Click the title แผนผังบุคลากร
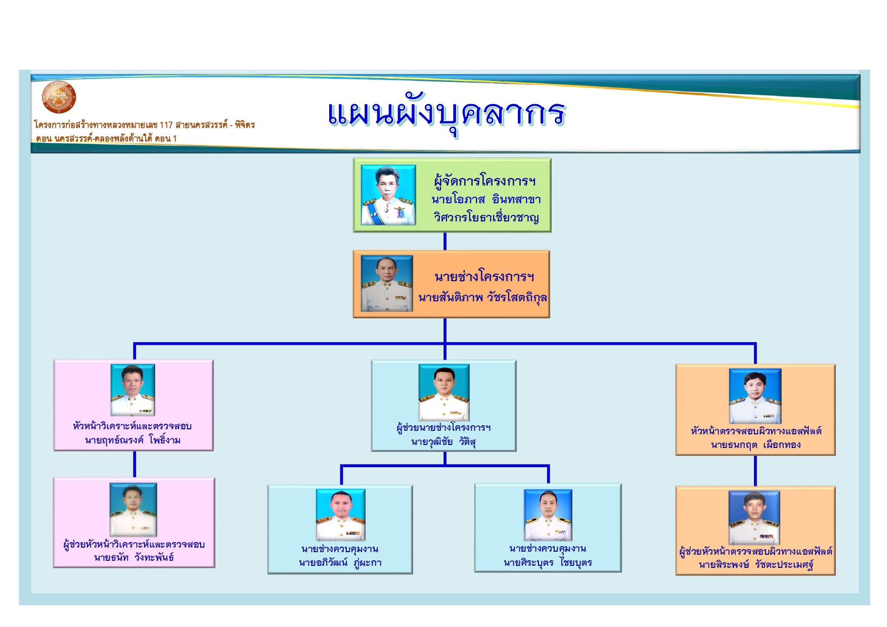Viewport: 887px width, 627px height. (x=446, y=113)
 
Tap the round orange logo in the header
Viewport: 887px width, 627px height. (x=59, y=97)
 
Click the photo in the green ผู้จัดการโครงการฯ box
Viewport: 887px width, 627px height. (x=388, y=195)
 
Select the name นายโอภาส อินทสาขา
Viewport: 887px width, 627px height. (x=486, y=200)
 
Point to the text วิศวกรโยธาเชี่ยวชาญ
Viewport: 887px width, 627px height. (x=486, y=217)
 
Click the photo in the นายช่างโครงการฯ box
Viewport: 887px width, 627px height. (x=387, y=283)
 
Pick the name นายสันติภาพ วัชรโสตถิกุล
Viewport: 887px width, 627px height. (x=482, y=297)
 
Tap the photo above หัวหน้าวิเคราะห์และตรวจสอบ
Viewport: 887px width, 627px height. (x=133, y=390)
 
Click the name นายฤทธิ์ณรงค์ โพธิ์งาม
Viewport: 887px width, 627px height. (x=133, y=440)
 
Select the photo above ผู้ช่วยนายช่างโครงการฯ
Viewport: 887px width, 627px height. (x=444, y=392)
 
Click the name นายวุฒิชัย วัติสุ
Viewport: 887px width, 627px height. (x=443, y=441)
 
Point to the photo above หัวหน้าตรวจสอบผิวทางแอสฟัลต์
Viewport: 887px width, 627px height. (x=755, y=396)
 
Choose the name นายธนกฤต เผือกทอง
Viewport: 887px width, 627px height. (x=756, y=445)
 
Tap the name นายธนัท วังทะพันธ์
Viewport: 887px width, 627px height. (x=134, y=558)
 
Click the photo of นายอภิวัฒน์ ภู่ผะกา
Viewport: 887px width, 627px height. (x=340, y=514)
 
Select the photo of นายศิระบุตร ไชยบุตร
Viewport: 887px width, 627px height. (x=548, y=515)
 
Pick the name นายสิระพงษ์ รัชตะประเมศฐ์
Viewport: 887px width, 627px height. (x=756, y=565)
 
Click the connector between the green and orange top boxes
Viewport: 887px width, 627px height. (x=445, y=241)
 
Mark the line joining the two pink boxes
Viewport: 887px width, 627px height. (x=135, y=464)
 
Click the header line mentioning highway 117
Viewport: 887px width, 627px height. (x=144, y=125)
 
